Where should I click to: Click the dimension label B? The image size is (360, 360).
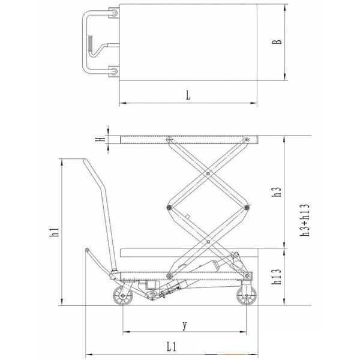pos(277,42)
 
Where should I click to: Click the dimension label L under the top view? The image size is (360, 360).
pos(188,95)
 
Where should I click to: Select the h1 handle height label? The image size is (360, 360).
pos(55,232)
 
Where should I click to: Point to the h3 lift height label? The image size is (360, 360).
pos(277,191)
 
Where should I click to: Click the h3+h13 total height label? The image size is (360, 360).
pos(305,220)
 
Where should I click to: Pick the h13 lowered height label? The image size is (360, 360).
pos(277,277)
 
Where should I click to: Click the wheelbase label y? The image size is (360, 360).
pos(185,325)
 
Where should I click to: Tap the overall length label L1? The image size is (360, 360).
pos(172,347)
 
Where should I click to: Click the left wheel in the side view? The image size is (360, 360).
pos(123,296)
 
